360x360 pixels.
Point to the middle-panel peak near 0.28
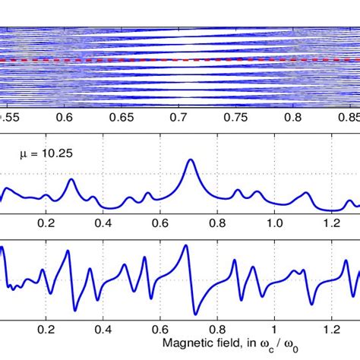tap(71, 180)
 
